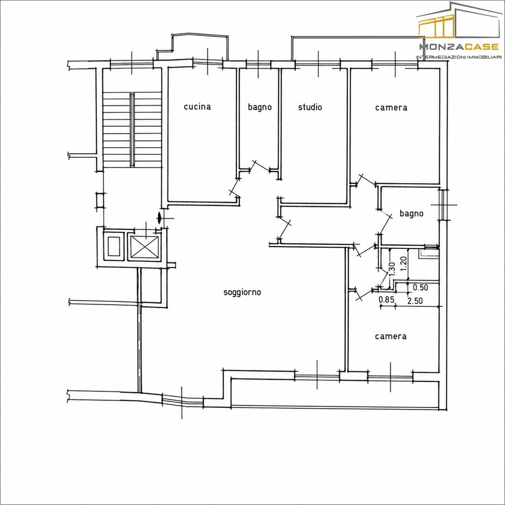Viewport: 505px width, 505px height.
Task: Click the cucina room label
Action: [x=197, y=107]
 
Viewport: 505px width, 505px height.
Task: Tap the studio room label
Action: [x=310, y=107]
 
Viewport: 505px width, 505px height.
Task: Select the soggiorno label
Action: [x=242, y=292]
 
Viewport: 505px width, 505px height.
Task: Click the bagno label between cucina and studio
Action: [x=259, y=107]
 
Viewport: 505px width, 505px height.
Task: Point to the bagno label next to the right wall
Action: [x=411, y=213]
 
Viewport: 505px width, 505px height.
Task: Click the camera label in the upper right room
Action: [x=391, y=108]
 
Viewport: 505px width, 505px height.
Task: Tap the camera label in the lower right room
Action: [x=391, y=336]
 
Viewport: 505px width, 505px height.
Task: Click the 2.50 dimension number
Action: [x=415, y=301]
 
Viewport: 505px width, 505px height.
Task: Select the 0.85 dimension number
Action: [x=387, y=299]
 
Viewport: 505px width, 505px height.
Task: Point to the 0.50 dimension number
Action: [x=420, y=288]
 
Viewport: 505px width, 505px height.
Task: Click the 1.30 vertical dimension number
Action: [x=392, y=269]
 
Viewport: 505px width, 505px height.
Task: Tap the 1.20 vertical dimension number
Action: [x=404, y=263]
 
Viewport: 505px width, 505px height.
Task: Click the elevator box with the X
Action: [x=145, y=247]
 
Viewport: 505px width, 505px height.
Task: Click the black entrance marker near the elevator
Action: [x=159, y=218]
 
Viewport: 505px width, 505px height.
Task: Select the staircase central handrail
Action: [x=132, y=130]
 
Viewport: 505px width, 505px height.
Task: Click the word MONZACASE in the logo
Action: [x=459, y=47]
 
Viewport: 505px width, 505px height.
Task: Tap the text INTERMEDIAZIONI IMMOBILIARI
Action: [x=459, y=57]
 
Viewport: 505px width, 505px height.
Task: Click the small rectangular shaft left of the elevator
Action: [x=114, y=247]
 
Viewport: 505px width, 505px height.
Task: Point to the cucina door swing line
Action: [x=235, y=187]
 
